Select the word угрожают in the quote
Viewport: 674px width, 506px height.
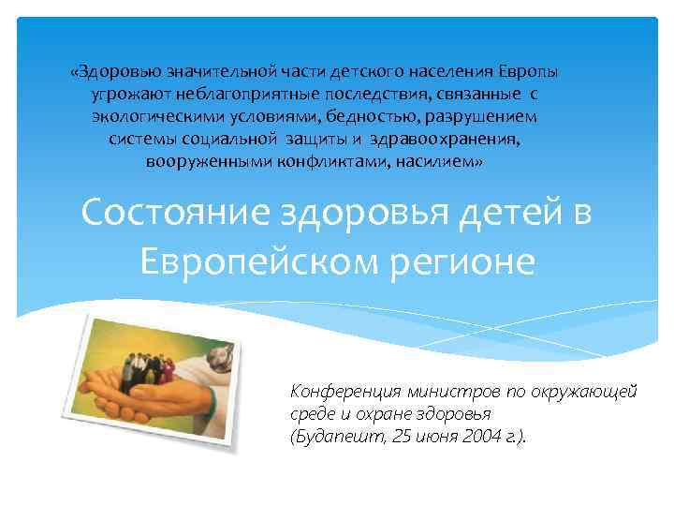pos(125,95)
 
